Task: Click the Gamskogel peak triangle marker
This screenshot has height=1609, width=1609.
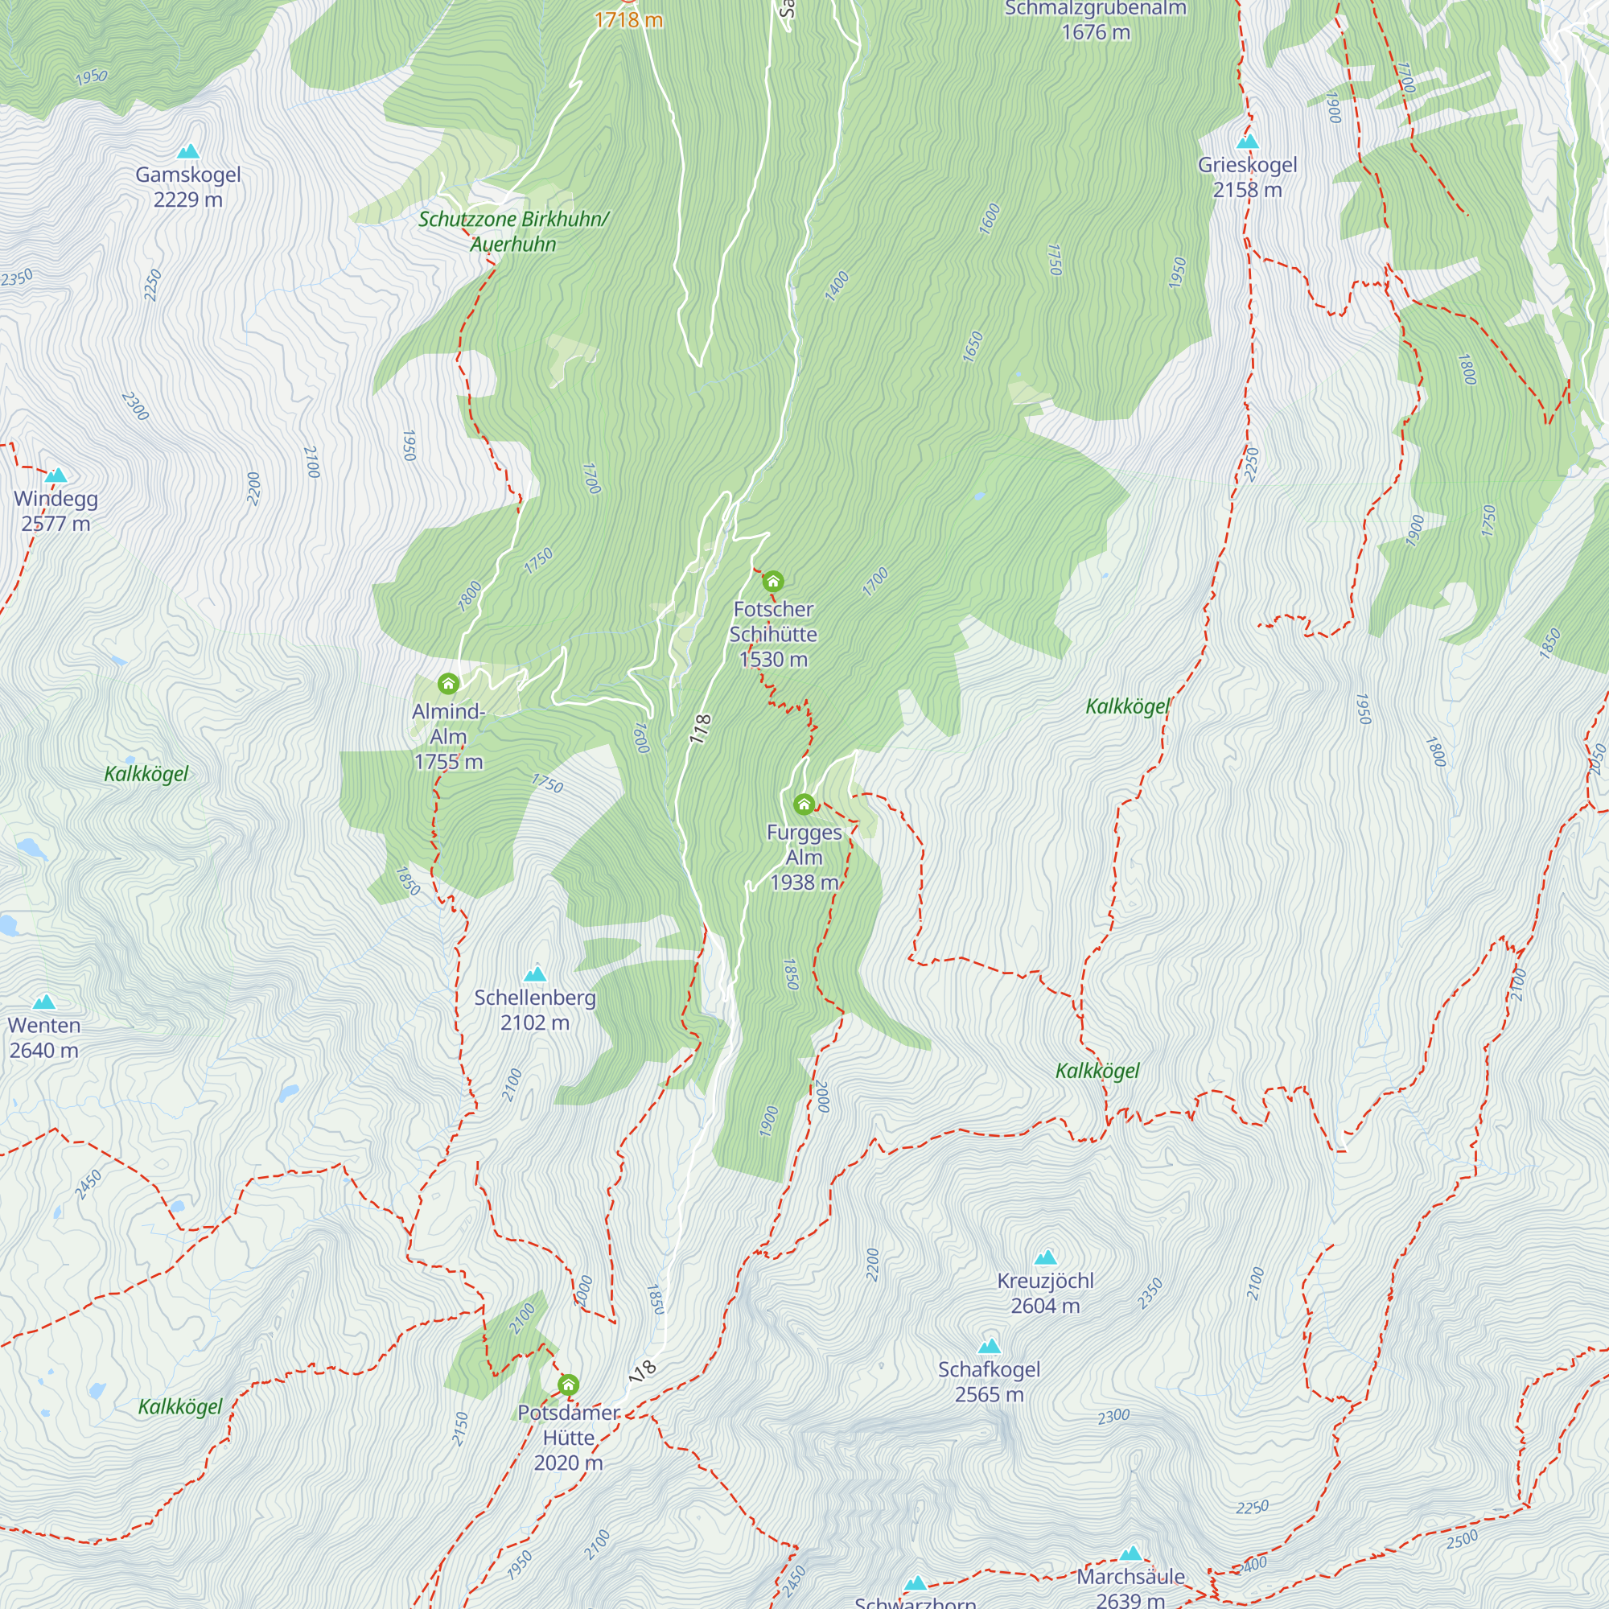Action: (x=189, y=151)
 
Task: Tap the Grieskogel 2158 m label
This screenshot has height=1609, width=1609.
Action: (x=1247, y=177)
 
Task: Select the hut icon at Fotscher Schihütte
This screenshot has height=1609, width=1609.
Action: (x=773, y=581)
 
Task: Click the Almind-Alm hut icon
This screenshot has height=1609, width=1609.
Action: (x=448, y=684)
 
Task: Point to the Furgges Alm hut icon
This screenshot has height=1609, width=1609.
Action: (x=804, y=804)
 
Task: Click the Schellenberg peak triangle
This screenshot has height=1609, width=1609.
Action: (x=535, y=973)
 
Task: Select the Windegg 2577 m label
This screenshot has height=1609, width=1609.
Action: (x=56, y=511)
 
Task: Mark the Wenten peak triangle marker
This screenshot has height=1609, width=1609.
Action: (x=44, y=1001)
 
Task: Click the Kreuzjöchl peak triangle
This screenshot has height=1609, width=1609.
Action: (x=1045, y=1257)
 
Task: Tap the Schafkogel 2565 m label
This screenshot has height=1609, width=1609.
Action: (x=989, y=1381)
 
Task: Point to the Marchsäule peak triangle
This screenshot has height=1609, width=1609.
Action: (x=1130, y=1553)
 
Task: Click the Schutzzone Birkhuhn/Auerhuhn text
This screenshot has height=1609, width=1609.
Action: (x=513, y=232)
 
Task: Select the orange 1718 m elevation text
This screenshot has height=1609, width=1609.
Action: (x=628, y=20)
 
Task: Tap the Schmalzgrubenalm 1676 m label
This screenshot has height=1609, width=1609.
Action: (x=1095, y=21)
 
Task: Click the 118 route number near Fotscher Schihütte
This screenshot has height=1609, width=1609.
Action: (x=701, y=729)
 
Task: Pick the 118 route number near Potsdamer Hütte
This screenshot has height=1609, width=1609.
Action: (x=643, y=1369)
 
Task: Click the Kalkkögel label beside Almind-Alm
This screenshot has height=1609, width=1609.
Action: (x=146, y=774)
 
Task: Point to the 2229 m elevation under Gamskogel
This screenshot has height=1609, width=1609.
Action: (x=188, y=200)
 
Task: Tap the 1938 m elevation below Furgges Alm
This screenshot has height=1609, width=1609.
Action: (x=804, y=882)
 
